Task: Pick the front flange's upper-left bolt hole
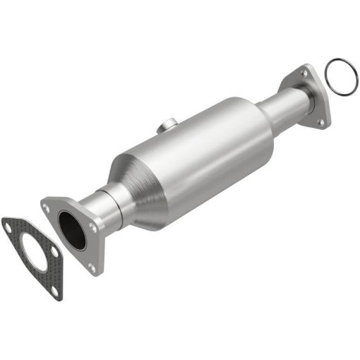(47, 208)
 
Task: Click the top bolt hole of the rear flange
(304, 71)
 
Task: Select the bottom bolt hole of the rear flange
(320, 122)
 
